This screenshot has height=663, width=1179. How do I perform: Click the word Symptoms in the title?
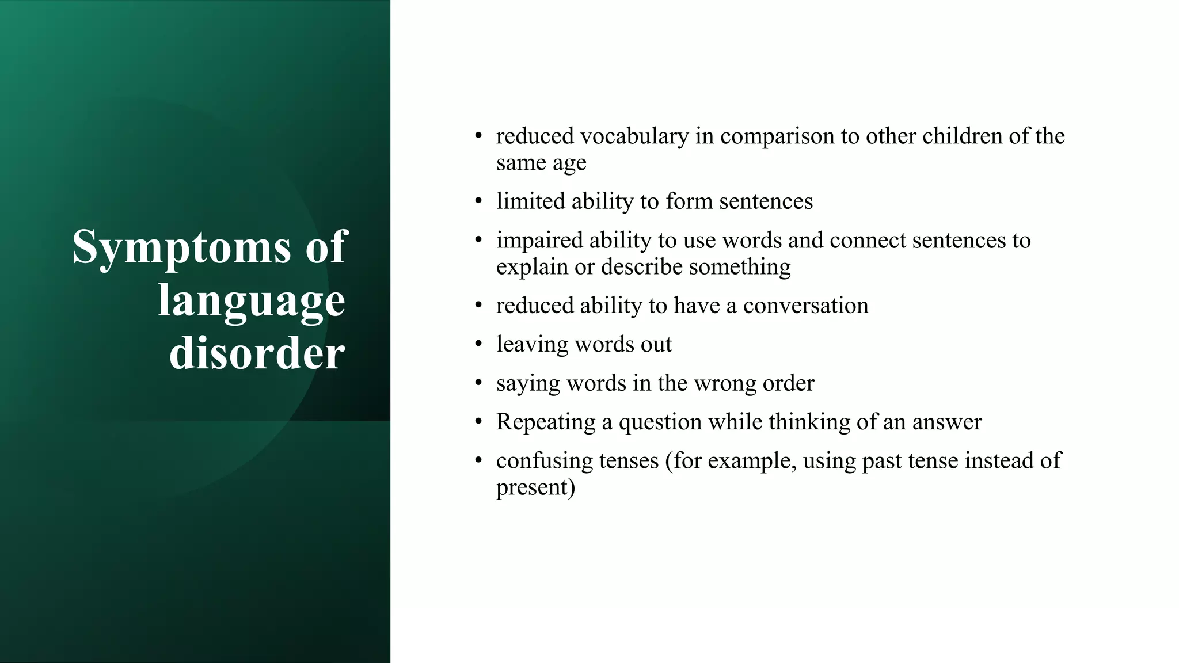(182, 247)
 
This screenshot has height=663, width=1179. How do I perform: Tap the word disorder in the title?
(257, 353)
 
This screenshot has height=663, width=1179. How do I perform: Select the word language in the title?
(252, 300)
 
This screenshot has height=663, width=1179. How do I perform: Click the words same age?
(541, 163)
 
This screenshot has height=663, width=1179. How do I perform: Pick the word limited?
(530, 201)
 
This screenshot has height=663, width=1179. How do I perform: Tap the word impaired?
(539, 240)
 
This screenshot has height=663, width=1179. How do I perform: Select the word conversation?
(805, 306)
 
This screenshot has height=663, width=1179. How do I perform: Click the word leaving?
(532, 345)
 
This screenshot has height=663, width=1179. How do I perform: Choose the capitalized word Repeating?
(546, 422)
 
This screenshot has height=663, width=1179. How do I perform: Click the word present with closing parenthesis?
(535, 487)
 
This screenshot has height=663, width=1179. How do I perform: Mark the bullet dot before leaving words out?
(478, 344)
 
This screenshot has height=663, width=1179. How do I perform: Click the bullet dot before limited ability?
(478, 201)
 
